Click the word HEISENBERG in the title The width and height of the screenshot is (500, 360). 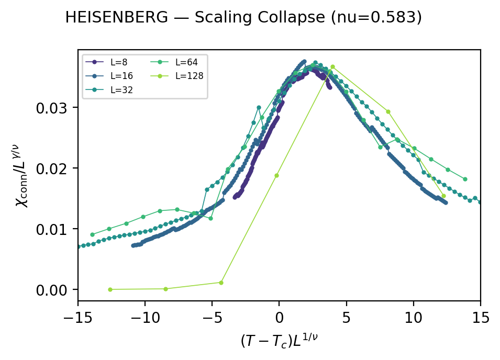[123, 18]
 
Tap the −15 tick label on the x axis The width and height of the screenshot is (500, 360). [78, 317]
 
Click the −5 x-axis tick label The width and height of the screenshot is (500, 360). [212, 317]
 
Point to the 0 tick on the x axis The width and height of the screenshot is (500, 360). [279, 317]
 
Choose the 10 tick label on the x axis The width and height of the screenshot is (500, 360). [414, 317]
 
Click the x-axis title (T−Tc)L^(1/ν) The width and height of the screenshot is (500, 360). [279, 341]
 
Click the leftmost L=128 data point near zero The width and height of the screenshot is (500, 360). [110, 289]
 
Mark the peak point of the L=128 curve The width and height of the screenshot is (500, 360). [332, 67]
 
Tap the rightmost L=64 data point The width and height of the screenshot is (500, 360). [465, 179]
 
